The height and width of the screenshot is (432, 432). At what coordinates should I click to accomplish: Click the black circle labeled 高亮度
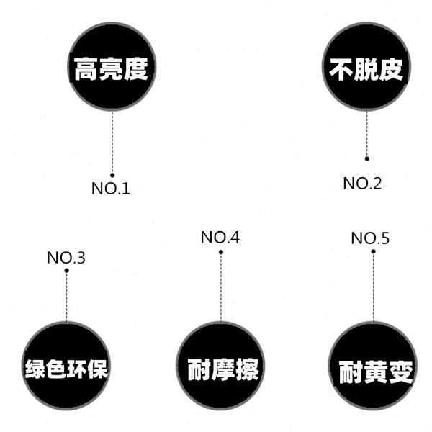(x=112, y=68)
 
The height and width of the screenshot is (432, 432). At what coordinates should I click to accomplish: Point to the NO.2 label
(x=362, y=184)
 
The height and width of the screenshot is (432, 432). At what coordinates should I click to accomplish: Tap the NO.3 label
(x=66, y=257)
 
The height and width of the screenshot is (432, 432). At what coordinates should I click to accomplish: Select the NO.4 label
(x=220, y=238)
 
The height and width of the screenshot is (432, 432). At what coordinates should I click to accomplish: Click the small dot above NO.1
(x=112, y=175)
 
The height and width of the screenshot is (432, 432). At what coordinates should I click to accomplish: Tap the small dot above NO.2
(x=366, y=158)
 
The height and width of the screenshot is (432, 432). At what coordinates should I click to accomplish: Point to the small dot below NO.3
(x=66, y=271)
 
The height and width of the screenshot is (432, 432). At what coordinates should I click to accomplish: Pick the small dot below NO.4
(x=220, y=252)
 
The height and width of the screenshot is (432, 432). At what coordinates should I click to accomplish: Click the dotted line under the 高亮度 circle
(x=112, y=144)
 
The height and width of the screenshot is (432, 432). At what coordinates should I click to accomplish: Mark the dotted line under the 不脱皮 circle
(x=366, y=133)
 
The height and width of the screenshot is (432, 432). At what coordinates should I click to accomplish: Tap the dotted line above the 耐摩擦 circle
(x=220, y=288)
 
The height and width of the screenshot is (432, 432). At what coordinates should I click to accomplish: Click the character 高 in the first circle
(x=84, y=69)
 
